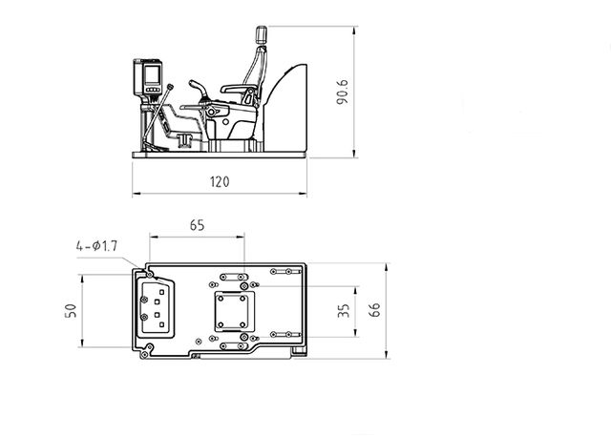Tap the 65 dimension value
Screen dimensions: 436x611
pos(198,226)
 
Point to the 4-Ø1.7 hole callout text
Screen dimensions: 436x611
pos(96,246)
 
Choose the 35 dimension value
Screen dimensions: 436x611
pos(345,310)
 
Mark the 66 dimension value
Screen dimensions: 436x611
pos(374,310)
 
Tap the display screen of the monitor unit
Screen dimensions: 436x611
pos(150,73)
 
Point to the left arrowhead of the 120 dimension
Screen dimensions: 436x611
pos(133,194)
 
